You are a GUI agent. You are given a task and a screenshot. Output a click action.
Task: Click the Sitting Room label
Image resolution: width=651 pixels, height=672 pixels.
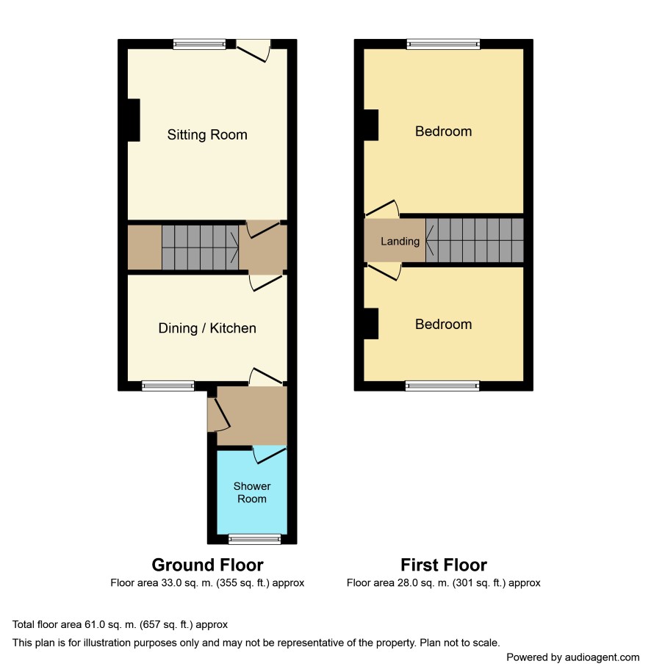point(207,134)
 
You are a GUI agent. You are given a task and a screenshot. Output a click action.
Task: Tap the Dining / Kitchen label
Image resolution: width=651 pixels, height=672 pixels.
point(207,328)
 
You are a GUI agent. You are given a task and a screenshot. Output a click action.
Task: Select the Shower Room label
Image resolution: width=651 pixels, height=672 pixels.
point(252,492)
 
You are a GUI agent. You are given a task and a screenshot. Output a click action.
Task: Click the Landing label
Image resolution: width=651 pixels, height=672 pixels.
point(400,242)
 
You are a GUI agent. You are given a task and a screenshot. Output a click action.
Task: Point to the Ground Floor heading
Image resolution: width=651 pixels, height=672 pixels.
point(207,565)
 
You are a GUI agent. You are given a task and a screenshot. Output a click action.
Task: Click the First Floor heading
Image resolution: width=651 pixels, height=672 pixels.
point(444,565)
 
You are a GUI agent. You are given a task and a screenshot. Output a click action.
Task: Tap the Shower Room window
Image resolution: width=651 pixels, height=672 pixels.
point(255,539)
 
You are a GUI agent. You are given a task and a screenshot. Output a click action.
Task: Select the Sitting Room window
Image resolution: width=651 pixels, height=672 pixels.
point(199,44)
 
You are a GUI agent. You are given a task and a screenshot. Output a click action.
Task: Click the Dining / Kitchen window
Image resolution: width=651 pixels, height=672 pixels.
point(168,386)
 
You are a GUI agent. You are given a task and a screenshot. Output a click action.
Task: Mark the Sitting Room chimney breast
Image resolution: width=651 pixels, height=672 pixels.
point(134,120)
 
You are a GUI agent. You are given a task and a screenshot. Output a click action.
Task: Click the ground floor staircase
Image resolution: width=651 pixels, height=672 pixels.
point(201,248)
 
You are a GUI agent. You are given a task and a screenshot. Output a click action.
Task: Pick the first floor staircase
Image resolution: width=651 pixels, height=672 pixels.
point(475,240)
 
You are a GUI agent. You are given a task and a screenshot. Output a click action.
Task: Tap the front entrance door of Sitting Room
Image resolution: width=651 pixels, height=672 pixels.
point(253,51)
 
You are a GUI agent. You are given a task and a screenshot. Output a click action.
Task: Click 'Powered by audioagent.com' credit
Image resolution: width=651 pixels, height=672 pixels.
point(573,657)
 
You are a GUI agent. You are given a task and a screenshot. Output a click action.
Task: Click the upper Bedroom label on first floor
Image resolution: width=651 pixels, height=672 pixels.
point(444,131)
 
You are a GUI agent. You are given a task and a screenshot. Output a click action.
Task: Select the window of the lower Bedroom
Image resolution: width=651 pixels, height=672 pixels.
point(442,386)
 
